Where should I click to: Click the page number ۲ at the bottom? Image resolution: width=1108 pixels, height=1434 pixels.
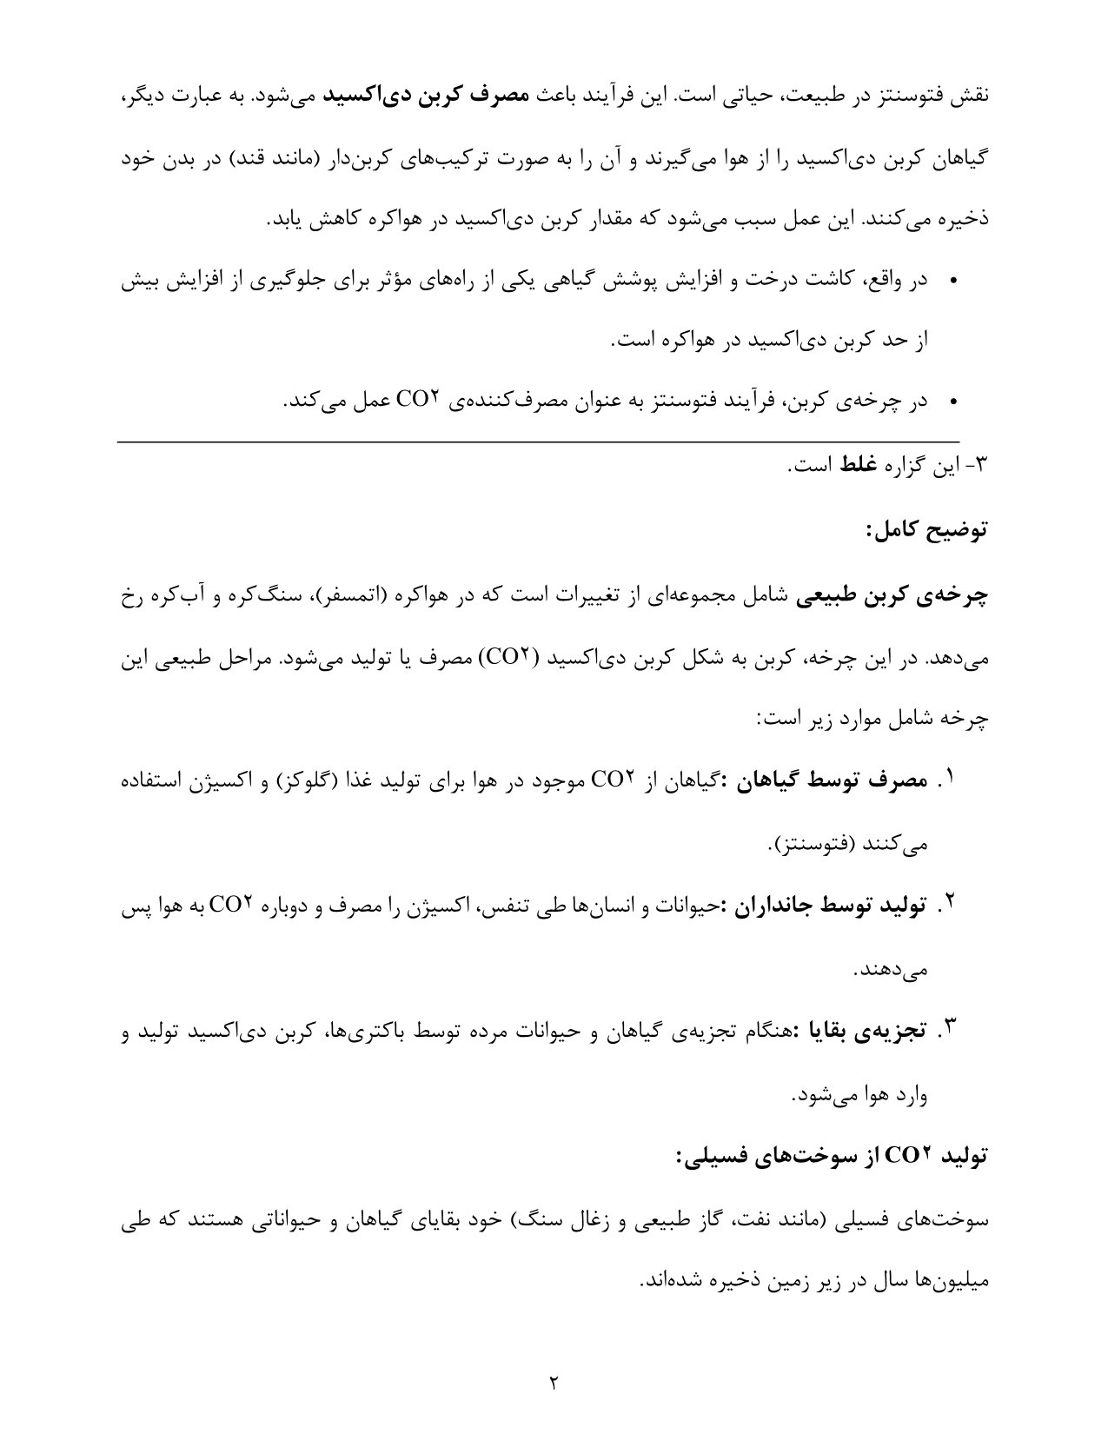(553, 1381)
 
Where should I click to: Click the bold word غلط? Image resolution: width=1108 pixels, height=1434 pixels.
(859, 467)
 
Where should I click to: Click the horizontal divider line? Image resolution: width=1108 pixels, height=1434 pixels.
(539, 442)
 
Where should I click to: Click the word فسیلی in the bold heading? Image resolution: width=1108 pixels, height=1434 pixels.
(725, 1158)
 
